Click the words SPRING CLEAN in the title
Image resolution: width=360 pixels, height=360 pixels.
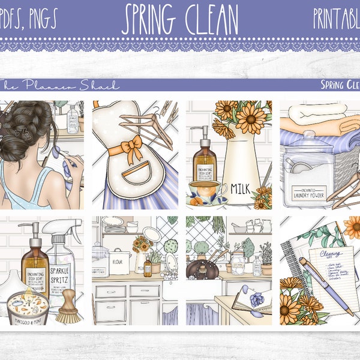pos(181,20)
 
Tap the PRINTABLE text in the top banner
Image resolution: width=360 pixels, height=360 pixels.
pos(336,20)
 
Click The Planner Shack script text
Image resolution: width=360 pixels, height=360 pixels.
pos(60,85)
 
